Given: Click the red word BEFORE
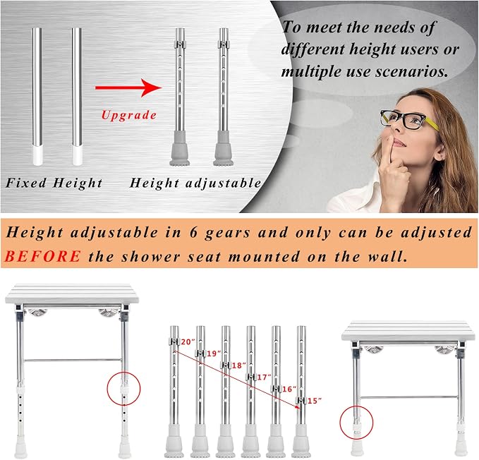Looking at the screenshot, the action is pyautogui.click(x=43, y=255).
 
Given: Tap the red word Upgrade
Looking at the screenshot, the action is pyautogui.click(x=129, y=115).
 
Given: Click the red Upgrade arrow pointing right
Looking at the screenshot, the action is pyautogui.click(x=128, y=87).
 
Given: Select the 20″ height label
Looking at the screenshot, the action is pyautogui.click(x=188, y=341).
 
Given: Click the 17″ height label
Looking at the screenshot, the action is pyautogui.click(x=264, y=377).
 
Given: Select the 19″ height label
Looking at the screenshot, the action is pyautogui.click(x=214, y=353).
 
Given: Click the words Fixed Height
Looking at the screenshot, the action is pyautogui.click(x=54, y=183).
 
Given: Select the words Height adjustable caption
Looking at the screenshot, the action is pyautogui.click(x=195, y=183).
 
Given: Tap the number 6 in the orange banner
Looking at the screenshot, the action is pyautogui.click(x=193, y=233).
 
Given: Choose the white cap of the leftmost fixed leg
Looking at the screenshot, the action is pyautogui.click(x=37, y=155).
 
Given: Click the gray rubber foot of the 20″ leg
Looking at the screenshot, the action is pyautogui.click(x=174, y=442).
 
